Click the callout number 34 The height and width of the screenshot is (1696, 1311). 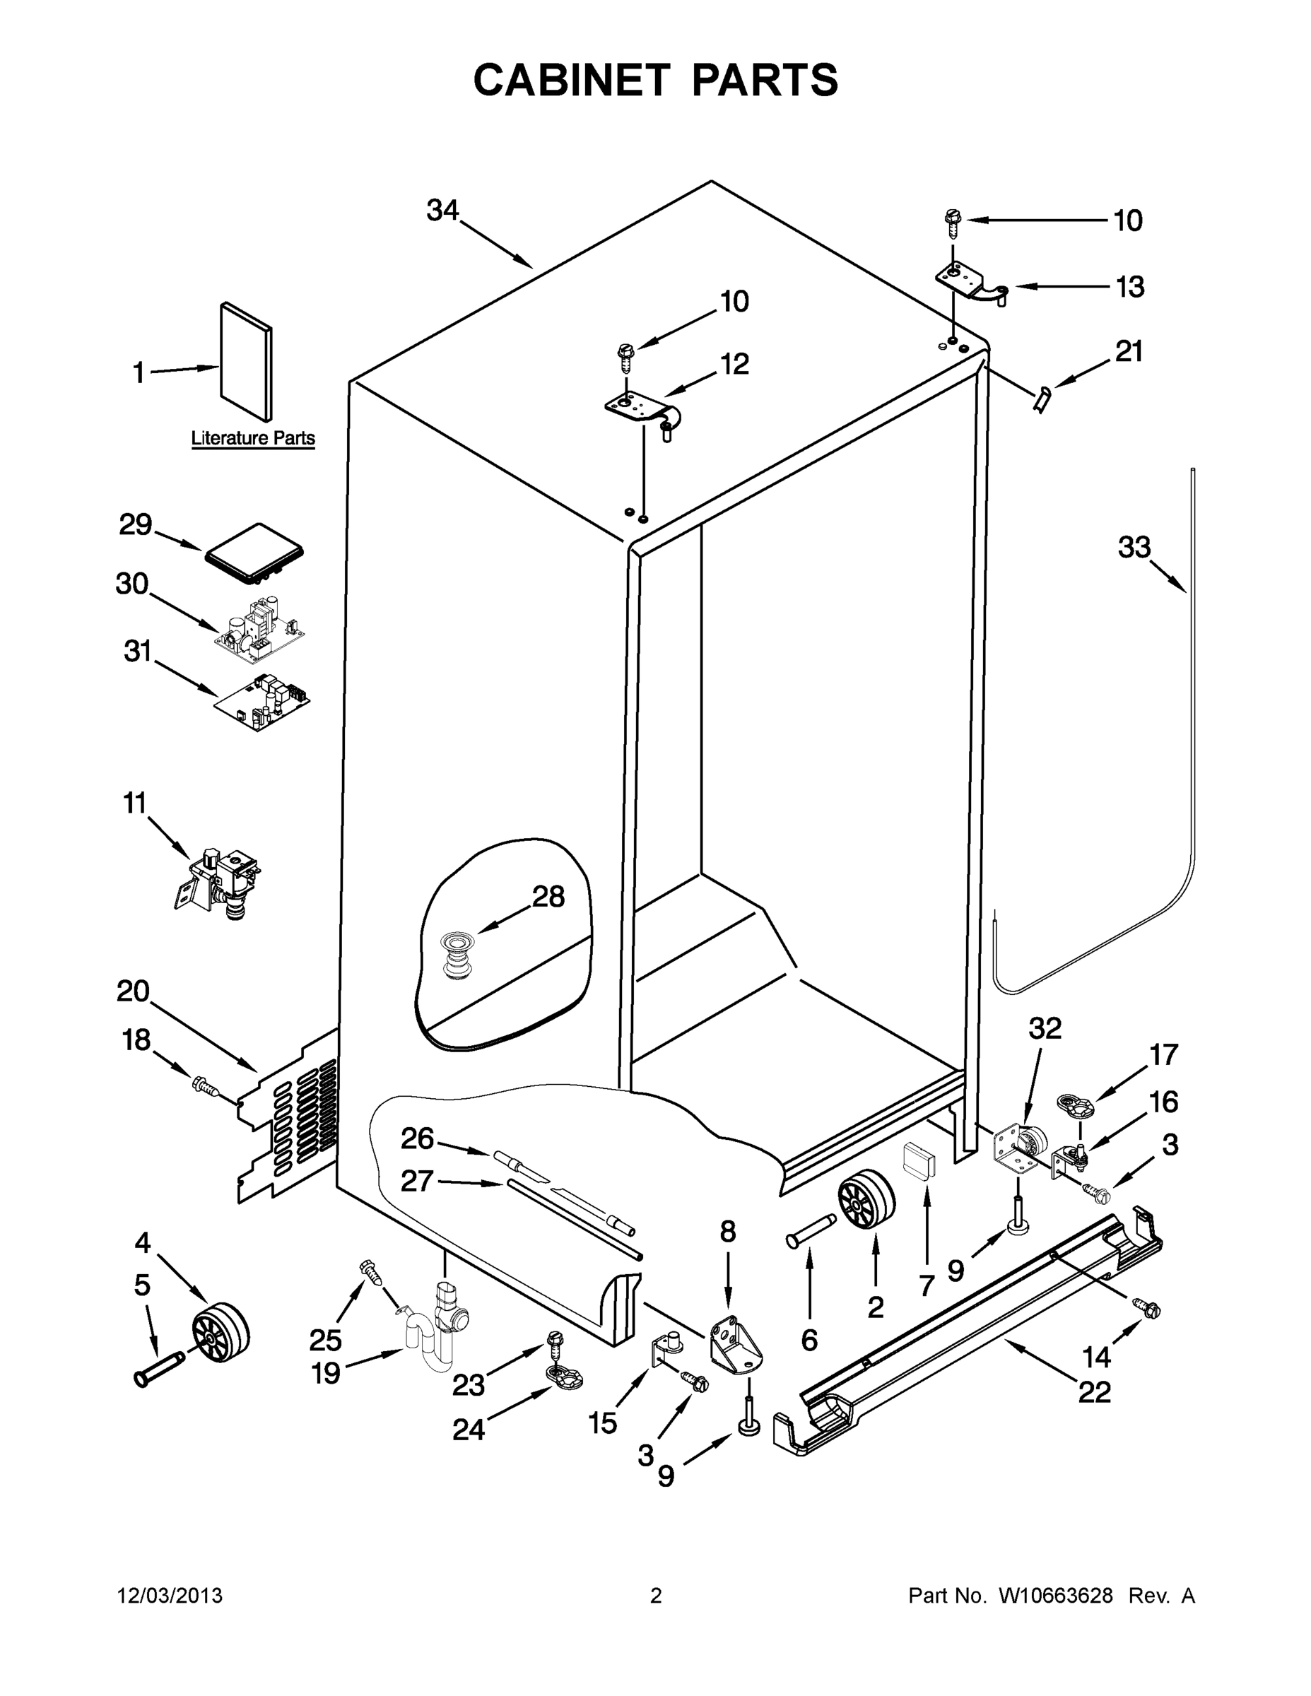pyautogui.click(x=442, y=211)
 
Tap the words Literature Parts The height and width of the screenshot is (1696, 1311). pyautogui.click(x=253, y=438)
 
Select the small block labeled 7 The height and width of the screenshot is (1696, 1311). pyautogui.click(x=919, y=1162)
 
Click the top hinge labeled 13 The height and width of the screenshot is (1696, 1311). pyautogui.click(x=972, y=283)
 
